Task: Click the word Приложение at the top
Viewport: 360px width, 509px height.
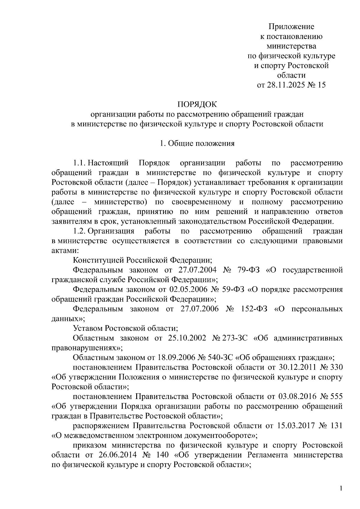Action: coord(291,27)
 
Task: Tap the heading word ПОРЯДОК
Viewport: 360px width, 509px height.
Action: coord(197,105)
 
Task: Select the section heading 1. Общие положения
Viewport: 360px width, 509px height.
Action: coord(197,143)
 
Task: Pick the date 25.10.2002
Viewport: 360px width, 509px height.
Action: coord(187,338)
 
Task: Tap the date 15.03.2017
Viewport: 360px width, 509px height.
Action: coord(290,426)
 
